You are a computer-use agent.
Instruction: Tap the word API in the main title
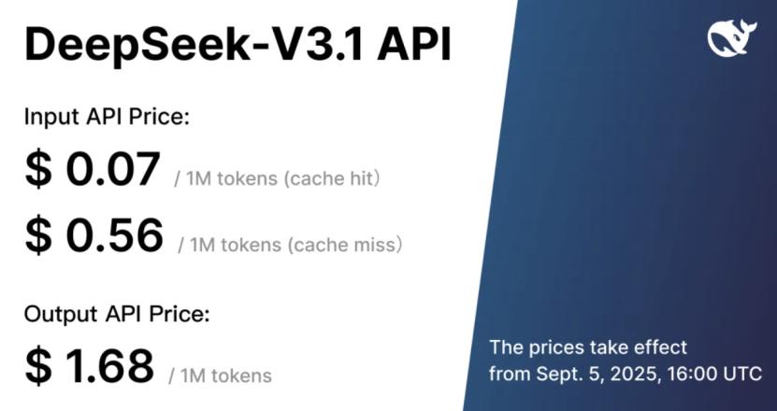414,44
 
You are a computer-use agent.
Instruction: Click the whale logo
732,37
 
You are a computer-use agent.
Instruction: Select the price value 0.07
113,169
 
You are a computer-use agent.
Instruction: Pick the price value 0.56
114,234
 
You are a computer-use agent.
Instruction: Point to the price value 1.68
110,366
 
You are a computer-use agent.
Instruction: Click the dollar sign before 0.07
38,169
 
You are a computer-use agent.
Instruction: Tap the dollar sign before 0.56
38,234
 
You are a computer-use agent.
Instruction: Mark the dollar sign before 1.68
38,366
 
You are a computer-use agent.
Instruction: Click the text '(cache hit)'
332,178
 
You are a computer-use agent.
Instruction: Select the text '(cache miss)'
344,245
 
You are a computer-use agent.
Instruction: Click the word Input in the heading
51,118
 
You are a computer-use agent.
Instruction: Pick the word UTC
743,373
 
